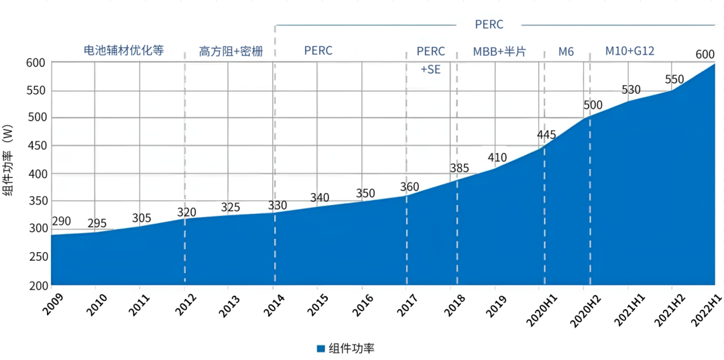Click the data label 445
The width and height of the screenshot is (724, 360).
(547, 135)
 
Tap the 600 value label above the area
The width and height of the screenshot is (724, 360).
(704, 54)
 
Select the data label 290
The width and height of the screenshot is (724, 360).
(61, 221)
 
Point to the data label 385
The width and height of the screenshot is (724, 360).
(459, 168)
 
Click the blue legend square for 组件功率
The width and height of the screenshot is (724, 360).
(320, 349)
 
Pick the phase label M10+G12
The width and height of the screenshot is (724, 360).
(629, 51)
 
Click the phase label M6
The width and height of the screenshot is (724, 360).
(566, 51)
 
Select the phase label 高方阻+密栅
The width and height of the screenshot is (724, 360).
(229, 51)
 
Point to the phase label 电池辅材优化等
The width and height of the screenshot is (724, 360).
(123, 51)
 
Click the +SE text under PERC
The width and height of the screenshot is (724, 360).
(430, 69)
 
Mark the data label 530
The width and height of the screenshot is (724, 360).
(631, 90)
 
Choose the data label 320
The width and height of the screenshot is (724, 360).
(187, 213)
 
